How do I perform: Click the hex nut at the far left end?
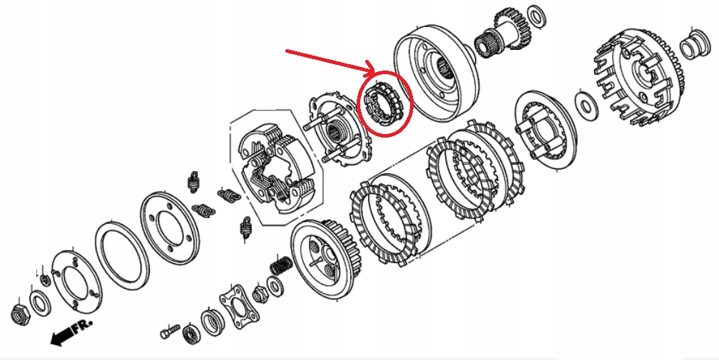19,312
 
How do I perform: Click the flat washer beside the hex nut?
39,304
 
